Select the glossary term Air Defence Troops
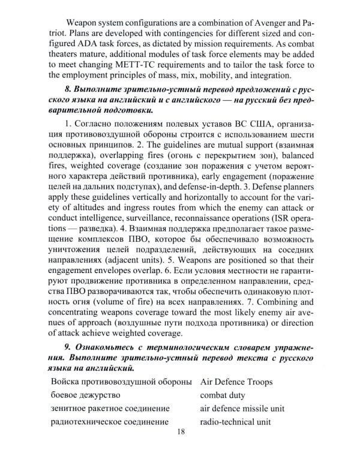click(x=236, y=382)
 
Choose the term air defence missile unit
click(x=242, y=408)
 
